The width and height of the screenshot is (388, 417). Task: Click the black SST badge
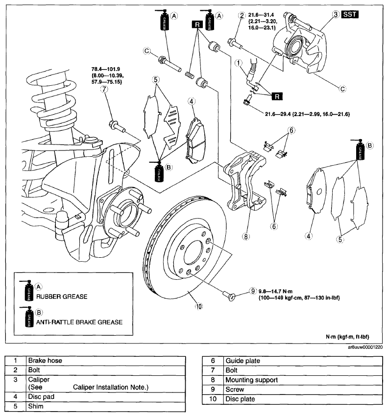click(350, 14)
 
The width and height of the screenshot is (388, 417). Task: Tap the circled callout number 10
click(199, 306)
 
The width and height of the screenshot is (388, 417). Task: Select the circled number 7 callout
click(104, 89)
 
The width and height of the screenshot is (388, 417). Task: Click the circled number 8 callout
click(246, 236)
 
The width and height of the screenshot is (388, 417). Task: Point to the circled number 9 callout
click(253, 291)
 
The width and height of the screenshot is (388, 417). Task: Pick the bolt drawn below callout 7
click(117, 126)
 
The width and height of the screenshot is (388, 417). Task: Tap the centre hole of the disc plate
click(194, 253)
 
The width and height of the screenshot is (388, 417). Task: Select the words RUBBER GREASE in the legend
click(62, 296)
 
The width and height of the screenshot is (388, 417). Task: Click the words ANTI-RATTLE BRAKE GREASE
click(79, 322)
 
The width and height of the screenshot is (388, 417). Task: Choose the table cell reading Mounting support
click(303, 380)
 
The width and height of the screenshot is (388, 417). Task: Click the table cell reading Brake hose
click(106, 361)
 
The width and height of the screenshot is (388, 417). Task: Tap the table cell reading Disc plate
click(303, 399)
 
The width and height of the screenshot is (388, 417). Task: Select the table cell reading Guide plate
click(303, 361)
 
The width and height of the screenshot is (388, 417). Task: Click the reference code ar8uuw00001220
click(365, 347)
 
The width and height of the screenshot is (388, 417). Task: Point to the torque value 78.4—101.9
click(106, 69)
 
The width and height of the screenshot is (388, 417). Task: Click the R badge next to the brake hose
click(277, 96)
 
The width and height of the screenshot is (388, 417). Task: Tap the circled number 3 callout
click(336, 14)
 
